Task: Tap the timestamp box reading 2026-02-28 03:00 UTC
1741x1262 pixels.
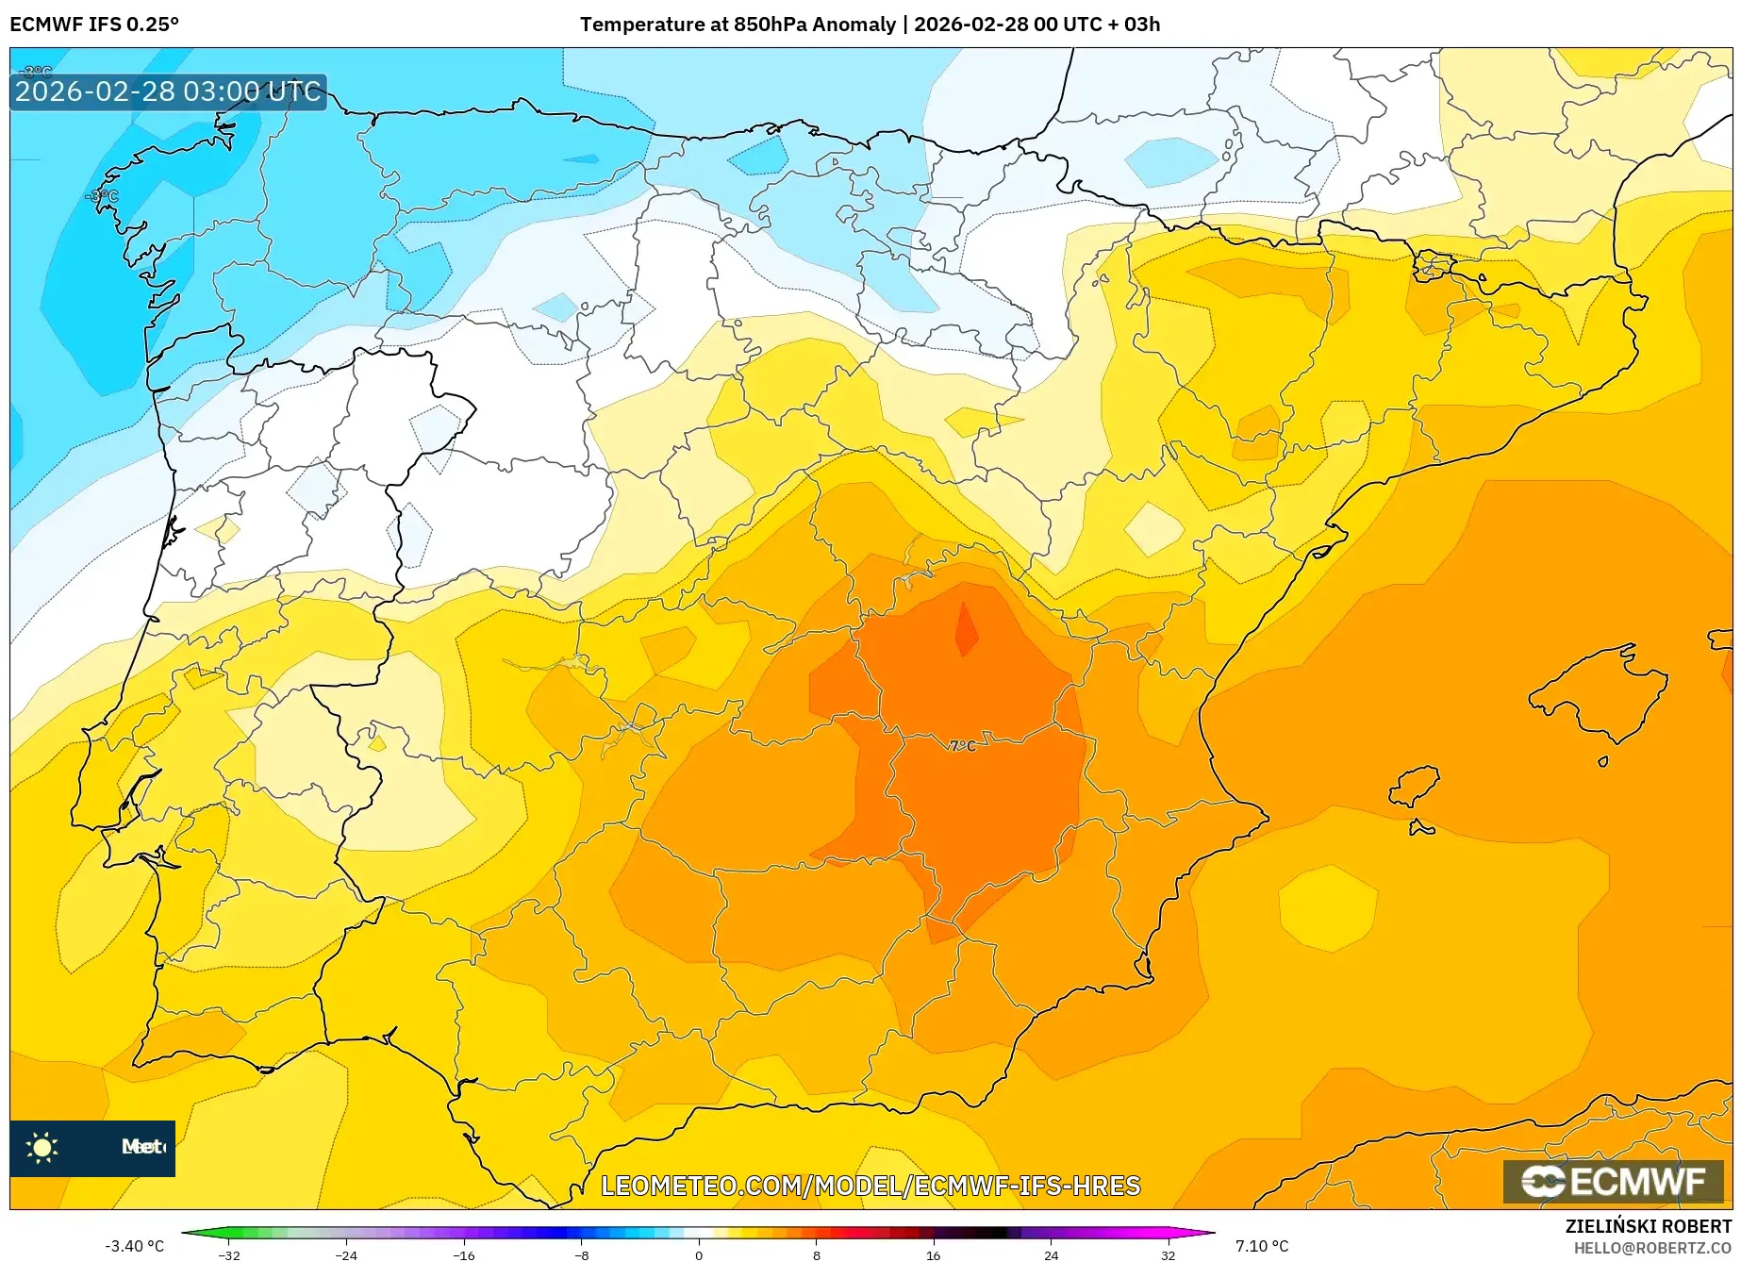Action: (168, 92)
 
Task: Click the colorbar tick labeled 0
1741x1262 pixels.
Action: (699, 1254)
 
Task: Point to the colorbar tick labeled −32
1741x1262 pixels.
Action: (228, 1254)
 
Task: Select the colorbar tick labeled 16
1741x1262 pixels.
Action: (933, 1254)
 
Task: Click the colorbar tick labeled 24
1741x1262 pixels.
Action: (1051, 1254)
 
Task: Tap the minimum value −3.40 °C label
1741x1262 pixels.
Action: (134, 1246)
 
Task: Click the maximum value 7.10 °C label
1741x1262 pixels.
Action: (1261, 1246)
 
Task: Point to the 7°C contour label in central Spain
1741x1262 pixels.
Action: (962, 746)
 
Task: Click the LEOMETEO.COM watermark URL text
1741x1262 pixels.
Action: (870, 1186)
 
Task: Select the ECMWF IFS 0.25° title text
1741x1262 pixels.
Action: (94, 25)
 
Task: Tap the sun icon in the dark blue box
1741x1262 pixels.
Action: (42, 1148)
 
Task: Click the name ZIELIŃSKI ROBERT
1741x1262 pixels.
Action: (1649, 1227)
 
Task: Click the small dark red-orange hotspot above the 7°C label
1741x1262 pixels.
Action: (966, 630)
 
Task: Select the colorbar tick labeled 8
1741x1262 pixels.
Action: (816, 1254)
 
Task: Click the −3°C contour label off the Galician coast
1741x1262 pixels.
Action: (102, 196)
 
